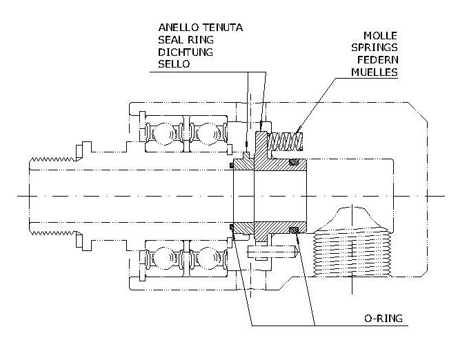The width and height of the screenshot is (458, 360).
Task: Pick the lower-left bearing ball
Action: click(165, 261)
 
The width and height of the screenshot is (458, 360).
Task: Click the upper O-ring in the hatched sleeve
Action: click(295, 163)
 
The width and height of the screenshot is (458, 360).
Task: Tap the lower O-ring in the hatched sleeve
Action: click(295, 229)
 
